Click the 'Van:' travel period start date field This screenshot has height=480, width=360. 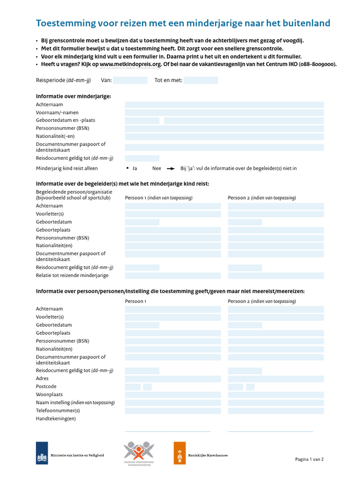pos(130,81)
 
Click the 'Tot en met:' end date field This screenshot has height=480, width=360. pos(201,81)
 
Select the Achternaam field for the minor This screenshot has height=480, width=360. pos(224,105)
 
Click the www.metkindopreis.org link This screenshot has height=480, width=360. pos(130,65)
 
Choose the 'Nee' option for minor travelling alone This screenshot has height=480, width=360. pos(157,168)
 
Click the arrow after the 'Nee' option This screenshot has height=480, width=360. pos(171,168)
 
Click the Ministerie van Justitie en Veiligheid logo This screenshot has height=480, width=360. pos(42,453)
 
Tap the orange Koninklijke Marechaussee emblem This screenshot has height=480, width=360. pos(180,453)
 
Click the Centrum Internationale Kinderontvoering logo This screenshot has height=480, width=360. pos(138,453)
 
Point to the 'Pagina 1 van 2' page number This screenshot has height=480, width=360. pos(309,459)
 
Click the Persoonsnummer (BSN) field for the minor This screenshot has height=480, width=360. pos(224,128)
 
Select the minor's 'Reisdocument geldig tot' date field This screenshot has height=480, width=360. pos(142,158)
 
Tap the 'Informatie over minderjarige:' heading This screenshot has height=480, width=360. pos(74,96)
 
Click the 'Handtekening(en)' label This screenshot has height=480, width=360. pos(56,419)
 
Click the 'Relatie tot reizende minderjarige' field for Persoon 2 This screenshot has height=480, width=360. pos(276,276)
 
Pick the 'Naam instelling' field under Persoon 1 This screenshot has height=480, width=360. pos(172,403)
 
